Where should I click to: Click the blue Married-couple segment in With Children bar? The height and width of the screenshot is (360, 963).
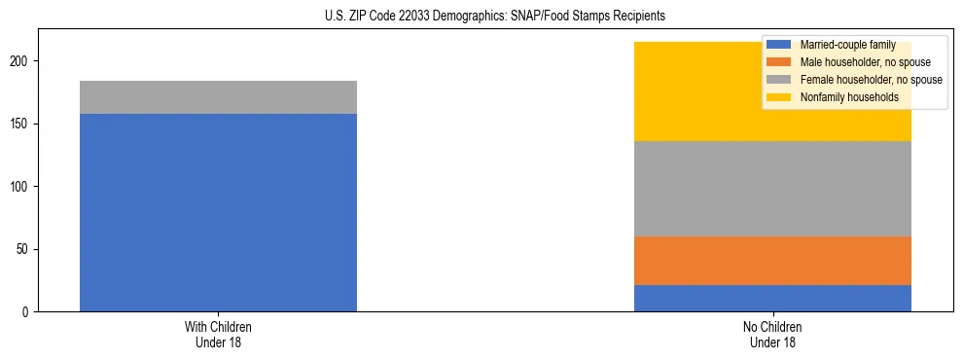(218, 212)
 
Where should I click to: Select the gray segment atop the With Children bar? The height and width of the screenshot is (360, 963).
(218, 97)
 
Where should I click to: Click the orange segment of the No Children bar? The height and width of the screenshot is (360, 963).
(772, 261)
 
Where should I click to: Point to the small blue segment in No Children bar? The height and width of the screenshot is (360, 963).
(772, 298)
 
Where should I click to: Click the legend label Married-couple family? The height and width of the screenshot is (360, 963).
(847, 45)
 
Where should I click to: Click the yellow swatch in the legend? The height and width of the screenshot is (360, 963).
(780, 97)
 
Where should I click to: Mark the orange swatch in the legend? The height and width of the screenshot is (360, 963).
(780, 62)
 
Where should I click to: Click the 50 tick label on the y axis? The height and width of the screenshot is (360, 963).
(26, 249)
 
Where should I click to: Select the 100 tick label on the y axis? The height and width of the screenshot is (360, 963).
(23, 187)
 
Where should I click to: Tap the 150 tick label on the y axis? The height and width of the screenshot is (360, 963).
(23, 125)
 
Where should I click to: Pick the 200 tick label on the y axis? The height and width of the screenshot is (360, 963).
(23, 61)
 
